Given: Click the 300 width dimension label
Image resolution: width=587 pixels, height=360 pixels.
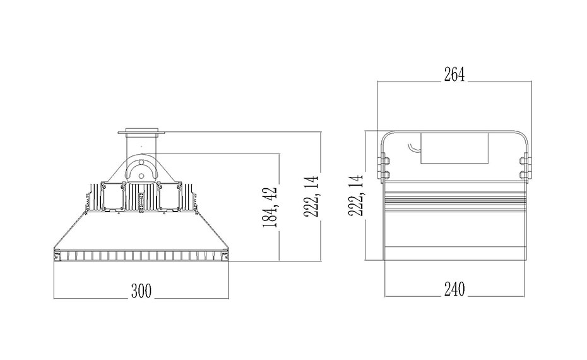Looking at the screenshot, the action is click(141, 291).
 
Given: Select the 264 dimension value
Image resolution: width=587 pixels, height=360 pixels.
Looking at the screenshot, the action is click(454, 74).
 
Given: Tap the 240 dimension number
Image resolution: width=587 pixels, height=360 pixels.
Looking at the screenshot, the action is click(454, 289).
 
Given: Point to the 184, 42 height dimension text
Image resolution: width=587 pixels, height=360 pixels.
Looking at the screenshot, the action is click(270, 208).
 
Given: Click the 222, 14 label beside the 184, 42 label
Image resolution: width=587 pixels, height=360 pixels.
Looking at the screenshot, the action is click(311, 196).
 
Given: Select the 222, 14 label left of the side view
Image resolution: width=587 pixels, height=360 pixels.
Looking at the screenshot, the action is click(356, 195).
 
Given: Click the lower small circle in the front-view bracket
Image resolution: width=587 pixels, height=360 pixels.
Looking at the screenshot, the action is click(141, 176).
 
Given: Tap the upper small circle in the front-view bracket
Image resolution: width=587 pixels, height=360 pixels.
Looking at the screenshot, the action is click(141, 162).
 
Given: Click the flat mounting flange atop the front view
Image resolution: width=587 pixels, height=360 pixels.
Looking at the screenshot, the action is click(141, 131).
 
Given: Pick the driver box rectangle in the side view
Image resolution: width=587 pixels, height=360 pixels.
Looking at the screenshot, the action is click(454, 148).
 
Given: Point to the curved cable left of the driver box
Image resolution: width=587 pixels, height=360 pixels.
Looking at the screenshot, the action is click(413, 148).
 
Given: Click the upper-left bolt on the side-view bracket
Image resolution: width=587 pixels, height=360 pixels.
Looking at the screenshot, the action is click(384, 161).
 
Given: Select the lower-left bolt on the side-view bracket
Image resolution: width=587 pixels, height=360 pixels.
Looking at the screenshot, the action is click(384, 174).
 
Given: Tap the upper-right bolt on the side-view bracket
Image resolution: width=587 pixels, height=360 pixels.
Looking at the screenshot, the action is click(526, 161).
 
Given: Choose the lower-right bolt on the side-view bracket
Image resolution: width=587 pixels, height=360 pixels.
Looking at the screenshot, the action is click(526, 174).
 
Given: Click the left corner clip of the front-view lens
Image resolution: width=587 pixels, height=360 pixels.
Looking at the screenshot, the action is click(57, 256).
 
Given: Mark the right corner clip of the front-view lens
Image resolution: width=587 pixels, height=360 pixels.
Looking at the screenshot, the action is click(225, 256).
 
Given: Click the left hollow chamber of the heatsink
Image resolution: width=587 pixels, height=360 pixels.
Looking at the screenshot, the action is click(112, 198).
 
